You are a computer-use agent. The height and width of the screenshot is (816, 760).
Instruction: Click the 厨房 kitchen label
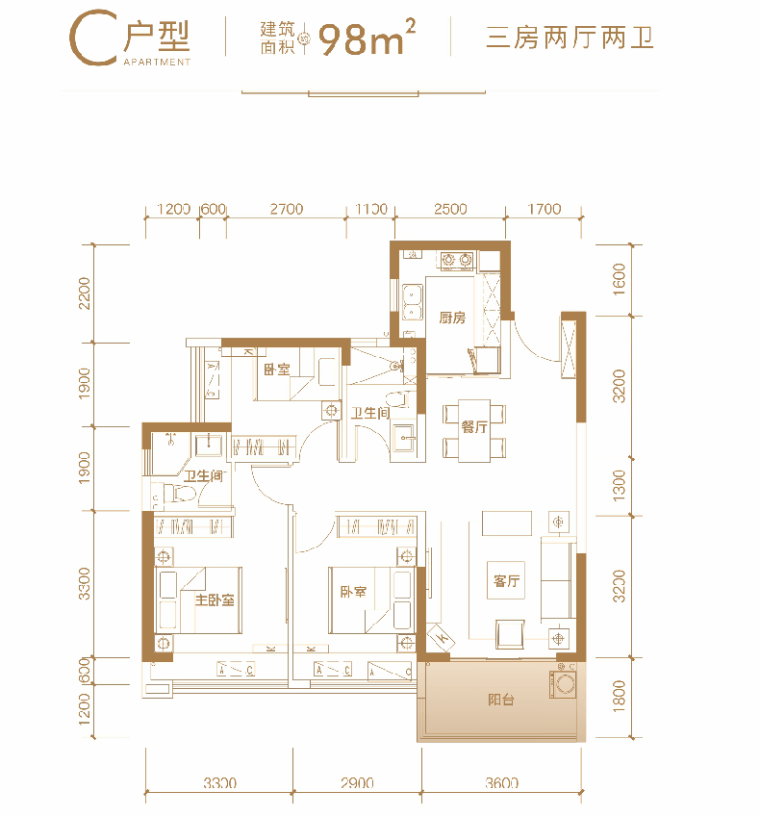click(x=451, y=318)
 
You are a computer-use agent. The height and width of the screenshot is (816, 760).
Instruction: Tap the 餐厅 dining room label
click(x=474, y=427)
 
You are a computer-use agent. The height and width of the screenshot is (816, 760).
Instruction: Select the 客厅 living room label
click(x=506, y=581)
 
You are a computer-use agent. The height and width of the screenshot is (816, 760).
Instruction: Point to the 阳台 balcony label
click(x=501, y=700)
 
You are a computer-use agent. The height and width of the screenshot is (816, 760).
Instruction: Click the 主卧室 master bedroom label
click(x=215, y=600)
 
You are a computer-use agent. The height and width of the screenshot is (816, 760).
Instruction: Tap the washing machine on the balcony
click(x=563, y=685)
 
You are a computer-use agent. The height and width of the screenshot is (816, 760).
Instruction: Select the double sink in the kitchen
click(x=412, y=302)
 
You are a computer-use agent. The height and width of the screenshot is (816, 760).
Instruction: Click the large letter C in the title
click(x=92, y=38)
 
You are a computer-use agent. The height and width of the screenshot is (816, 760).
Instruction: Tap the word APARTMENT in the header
click(x=157, y=62)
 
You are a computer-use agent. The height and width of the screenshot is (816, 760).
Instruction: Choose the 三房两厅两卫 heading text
click(x=570, y=38)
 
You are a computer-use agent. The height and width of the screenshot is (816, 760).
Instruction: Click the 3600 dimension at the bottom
click(x=502, y=782)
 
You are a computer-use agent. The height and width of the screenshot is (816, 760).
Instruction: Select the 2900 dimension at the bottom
click(x=357, y=782)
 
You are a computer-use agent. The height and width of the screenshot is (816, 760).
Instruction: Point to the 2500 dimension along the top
click(x=450, y=209)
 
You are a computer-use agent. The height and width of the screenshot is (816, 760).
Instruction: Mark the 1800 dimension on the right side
click(x=619, y=696)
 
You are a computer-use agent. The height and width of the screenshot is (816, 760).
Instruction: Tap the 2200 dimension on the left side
click(x=84, y=293)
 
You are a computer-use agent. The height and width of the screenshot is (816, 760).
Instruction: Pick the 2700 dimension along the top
click(x=287, y=209)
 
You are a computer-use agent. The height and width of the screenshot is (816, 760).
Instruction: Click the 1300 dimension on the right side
click(x=619, y=486)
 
